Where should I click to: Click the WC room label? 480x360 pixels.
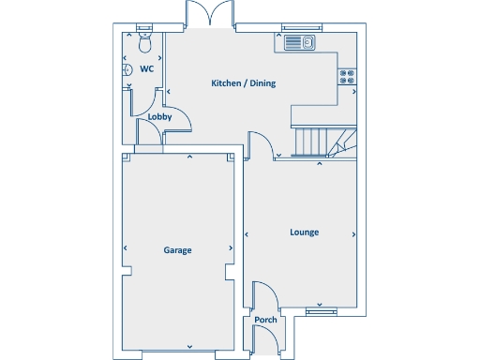146,69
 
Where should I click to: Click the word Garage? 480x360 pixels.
178,250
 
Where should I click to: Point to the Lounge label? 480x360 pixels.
304,232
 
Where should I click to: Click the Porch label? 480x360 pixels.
266,320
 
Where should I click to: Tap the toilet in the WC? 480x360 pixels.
144,43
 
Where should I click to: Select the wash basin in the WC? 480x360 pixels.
127,69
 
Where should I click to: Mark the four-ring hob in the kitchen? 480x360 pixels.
347,79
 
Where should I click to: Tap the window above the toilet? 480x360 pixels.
144,26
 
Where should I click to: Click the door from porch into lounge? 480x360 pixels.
265,295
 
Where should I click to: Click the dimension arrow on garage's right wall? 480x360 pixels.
232,248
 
